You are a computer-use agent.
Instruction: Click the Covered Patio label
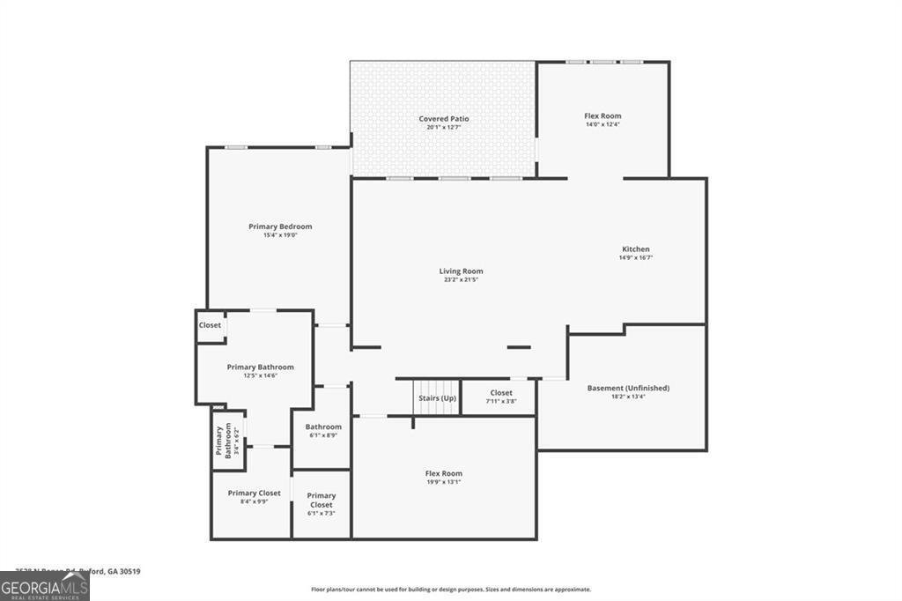coord(443,118)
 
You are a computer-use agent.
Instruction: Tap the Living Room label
coord(461,271)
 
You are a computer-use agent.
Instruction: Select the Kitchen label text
coord(635,249)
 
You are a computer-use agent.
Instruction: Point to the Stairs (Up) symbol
coord(437,397)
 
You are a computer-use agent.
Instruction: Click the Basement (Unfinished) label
coord(628,388)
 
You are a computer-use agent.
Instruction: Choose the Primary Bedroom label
coord(280,226)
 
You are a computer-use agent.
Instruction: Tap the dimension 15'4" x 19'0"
coord(280,235)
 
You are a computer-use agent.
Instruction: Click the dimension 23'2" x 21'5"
coord(461,280)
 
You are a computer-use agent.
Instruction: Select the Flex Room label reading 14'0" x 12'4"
coord(603,116)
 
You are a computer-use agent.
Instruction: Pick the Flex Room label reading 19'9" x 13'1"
coord(443,474)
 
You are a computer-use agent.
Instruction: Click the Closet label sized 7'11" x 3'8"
coord(501,393)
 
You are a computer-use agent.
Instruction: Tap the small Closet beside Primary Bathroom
coord(210,325)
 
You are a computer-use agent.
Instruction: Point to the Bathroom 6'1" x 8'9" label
coord(323,427)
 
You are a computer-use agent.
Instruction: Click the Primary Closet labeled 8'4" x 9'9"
coord(254,493)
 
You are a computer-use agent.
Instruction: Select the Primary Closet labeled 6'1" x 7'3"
coord(322,501)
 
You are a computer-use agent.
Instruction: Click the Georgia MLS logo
coord(44,587)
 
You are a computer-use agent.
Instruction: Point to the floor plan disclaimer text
coord(450,590)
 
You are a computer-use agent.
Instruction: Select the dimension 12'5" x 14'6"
coord(260,376)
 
